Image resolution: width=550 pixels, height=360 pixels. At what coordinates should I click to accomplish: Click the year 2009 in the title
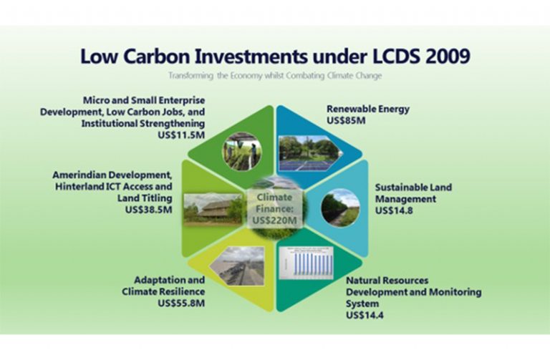point(448,56)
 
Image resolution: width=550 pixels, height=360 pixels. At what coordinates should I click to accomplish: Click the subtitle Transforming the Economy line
point(275,75)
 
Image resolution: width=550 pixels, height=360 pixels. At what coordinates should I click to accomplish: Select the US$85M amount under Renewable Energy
point(346,120)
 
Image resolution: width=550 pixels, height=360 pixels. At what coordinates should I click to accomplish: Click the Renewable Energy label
point(368,109)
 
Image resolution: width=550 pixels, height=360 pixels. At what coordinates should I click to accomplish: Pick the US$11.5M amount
point(181,135)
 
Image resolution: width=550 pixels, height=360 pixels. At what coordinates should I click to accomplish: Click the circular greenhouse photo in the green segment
point(241,152)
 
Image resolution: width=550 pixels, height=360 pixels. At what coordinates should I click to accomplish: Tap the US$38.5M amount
point(149,210)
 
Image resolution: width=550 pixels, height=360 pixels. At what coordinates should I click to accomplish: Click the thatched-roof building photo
point(213,209)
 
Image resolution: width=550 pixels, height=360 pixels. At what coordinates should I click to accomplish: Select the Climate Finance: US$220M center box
point(275,209)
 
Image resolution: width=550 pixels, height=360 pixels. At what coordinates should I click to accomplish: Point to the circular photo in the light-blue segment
point(340,208)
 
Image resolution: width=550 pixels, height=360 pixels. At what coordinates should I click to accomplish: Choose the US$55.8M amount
point(181,303)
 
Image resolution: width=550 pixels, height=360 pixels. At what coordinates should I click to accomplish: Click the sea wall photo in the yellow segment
point(237,266)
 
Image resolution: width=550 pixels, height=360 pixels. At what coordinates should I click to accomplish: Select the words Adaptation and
point(170,280)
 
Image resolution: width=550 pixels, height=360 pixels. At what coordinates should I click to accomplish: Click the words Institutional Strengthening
point(143,124)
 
